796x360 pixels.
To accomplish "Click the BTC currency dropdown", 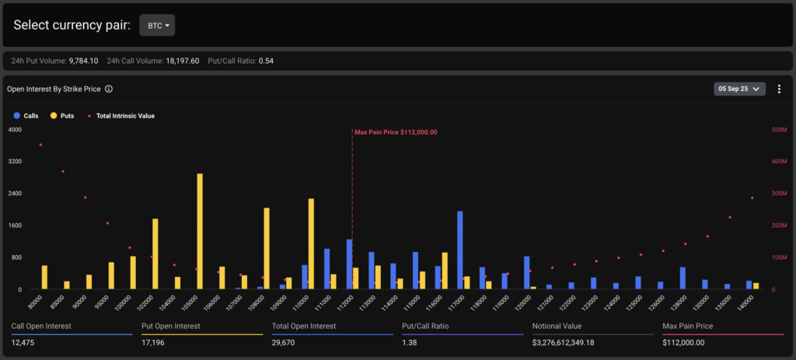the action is point(157,26).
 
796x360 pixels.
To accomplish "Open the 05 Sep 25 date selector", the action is point(739,89).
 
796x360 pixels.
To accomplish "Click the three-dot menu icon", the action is point(779,89).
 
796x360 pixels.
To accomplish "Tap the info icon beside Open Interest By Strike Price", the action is point(109,89).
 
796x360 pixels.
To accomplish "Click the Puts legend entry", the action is point(62,116).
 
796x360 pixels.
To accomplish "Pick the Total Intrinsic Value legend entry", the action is point(121,116).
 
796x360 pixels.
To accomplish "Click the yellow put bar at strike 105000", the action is point(200,232).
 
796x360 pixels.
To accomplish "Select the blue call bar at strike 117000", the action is point(460,250).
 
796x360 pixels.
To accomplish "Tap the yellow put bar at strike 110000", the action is point(311,243).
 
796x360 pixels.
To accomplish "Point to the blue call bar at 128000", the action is point(683,278).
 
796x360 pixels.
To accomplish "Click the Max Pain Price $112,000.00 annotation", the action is point(396,132).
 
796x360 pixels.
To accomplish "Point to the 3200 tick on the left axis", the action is point(16,162).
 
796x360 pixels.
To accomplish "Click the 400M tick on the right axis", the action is point(776,162).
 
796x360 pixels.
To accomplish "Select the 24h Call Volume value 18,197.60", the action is point(182,61).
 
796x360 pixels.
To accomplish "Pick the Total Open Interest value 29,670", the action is point(283,343).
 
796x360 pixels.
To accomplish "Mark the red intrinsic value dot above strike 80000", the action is point(40,145).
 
